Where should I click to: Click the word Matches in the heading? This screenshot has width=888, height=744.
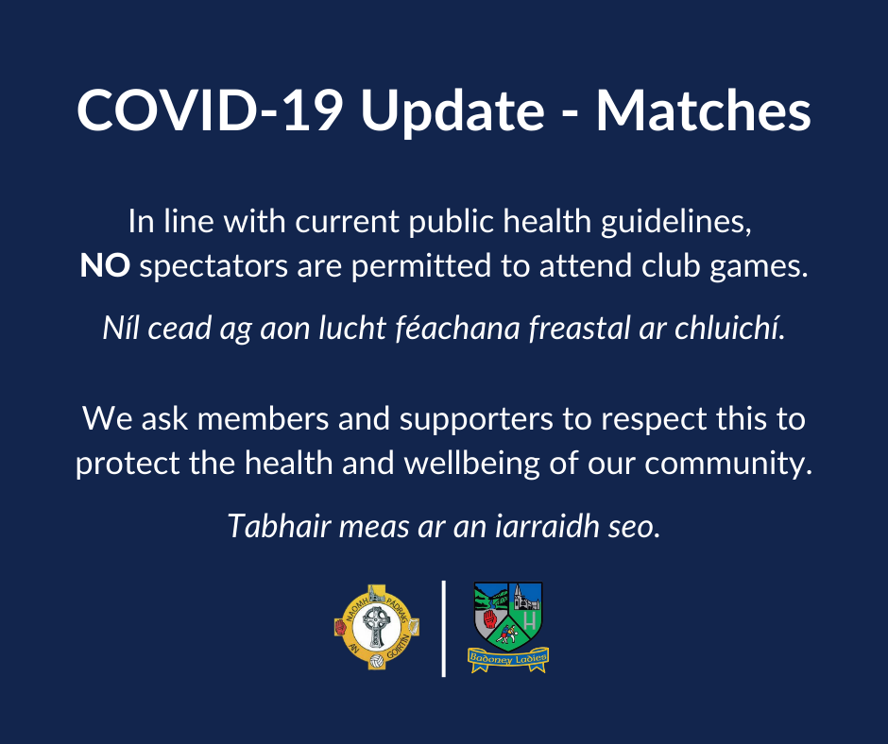tap(704, 111)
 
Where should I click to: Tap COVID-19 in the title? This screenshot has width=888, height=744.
tap(209, 111)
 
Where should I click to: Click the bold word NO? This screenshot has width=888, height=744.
tap(105, 265)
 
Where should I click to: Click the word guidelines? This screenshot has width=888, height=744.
tap(676, 222)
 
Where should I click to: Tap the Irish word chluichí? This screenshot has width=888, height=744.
tap(730, 328)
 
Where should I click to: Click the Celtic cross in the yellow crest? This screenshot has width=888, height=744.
tap(376, 626)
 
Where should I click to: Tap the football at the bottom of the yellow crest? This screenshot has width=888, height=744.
tap(377, 661)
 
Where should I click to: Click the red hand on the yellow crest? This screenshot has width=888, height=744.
tap(341, 627)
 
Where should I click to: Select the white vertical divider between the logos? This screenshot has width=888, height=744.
tap(443, 629)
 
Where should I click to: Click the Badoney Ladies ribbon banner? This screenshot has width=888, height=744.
tap(508, 659)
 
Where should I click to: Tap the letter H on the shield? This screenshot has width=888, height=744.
tap(530, 620)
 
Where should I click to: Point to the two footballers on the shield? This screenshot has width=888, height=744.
tap(507, 634)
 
